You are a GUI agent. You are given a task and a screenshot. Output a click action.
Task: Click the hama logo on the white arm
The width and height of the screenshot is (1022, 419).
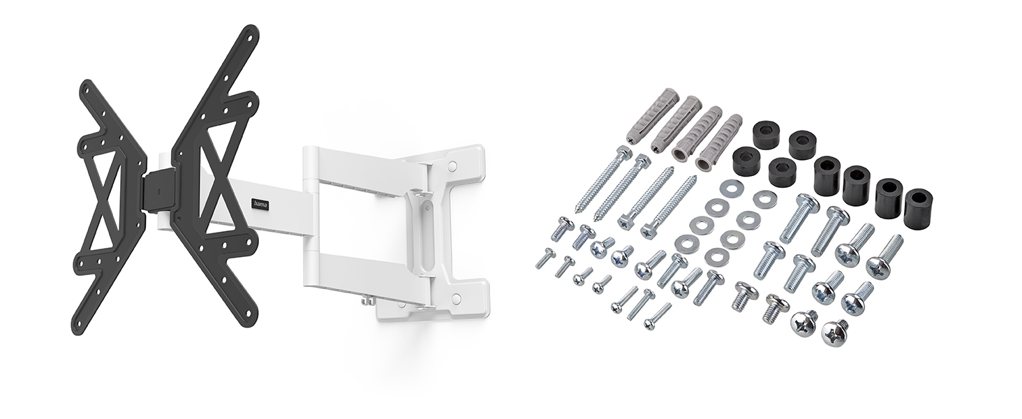click(x=261, y=205)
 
